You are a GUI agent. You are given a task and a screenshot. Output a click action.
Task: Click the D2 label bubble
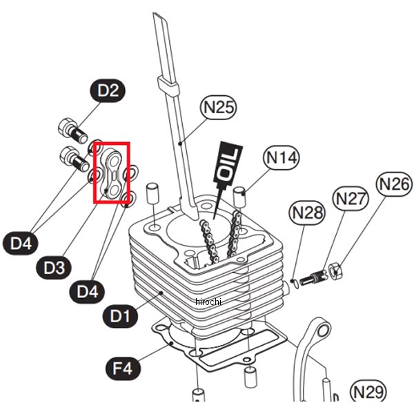point(108,90)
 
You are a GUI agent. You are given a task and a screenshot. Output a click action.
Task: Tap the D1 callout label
point(121,317)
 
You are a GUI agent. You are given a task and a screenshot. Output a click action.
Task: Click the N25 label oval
point(219,107)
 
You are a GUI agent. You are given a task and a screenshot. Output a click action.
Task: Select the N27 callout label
point(350,199)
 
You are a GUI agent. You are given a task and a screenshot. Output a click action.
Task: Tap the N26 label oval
point(394,184)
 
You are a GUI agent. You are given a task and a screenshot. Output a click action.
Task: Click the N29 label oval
point(368,391)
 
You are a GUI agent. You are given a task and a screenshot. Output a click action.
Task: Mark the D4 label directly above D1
point(88,291)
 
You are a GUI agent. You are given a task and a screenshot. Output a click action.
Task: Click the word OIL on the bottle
point(228,160)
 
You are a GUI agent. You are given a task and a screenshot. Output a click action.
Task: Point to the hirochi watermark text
point(207,302)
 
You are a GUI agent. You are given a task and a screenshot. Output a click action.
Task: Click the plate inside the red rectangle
point(111,174)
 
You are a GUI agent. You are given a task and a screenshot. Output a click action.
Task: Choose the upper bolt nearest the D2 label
point(68,129)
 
